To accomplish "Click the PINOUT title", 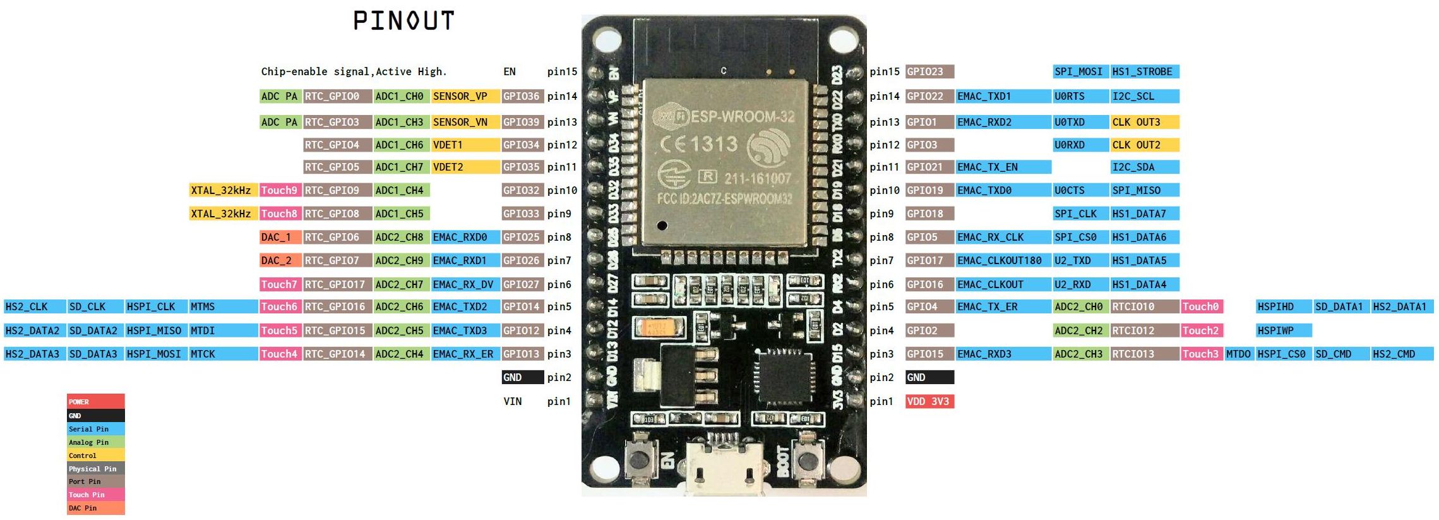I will (x=403, y=21).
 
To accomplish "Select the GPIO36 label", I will (x=522, y=97).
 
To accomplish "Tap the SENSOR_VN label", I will (x=460, y=122).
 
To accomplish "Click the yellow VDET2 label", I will (x=448, y=167).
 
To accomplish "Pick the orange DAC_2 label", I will (x=277, y=260).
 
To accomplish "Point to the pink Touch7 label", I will (x=279, y=284).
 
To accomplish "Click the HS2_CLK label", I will (x=27, y=307).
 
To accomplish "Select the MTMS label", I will (x=203, y=307).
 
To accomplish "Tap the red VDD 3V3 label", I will (x=928, y=402).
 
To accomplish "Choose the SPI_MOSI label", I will (x=1078, y=72).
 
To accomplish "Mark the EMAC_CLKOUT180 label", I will (x=1000, y=260).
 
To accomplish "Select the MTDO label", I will (x=1238, y=354).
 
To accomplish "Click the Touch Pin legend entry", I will (x=87, y=495).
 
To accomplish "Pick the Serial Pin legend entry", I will (x=89, y=429).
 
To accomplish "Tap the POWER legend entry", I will (x=80, y=402).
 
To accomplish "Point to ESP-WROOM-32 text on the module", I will (x=742, y=117).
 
